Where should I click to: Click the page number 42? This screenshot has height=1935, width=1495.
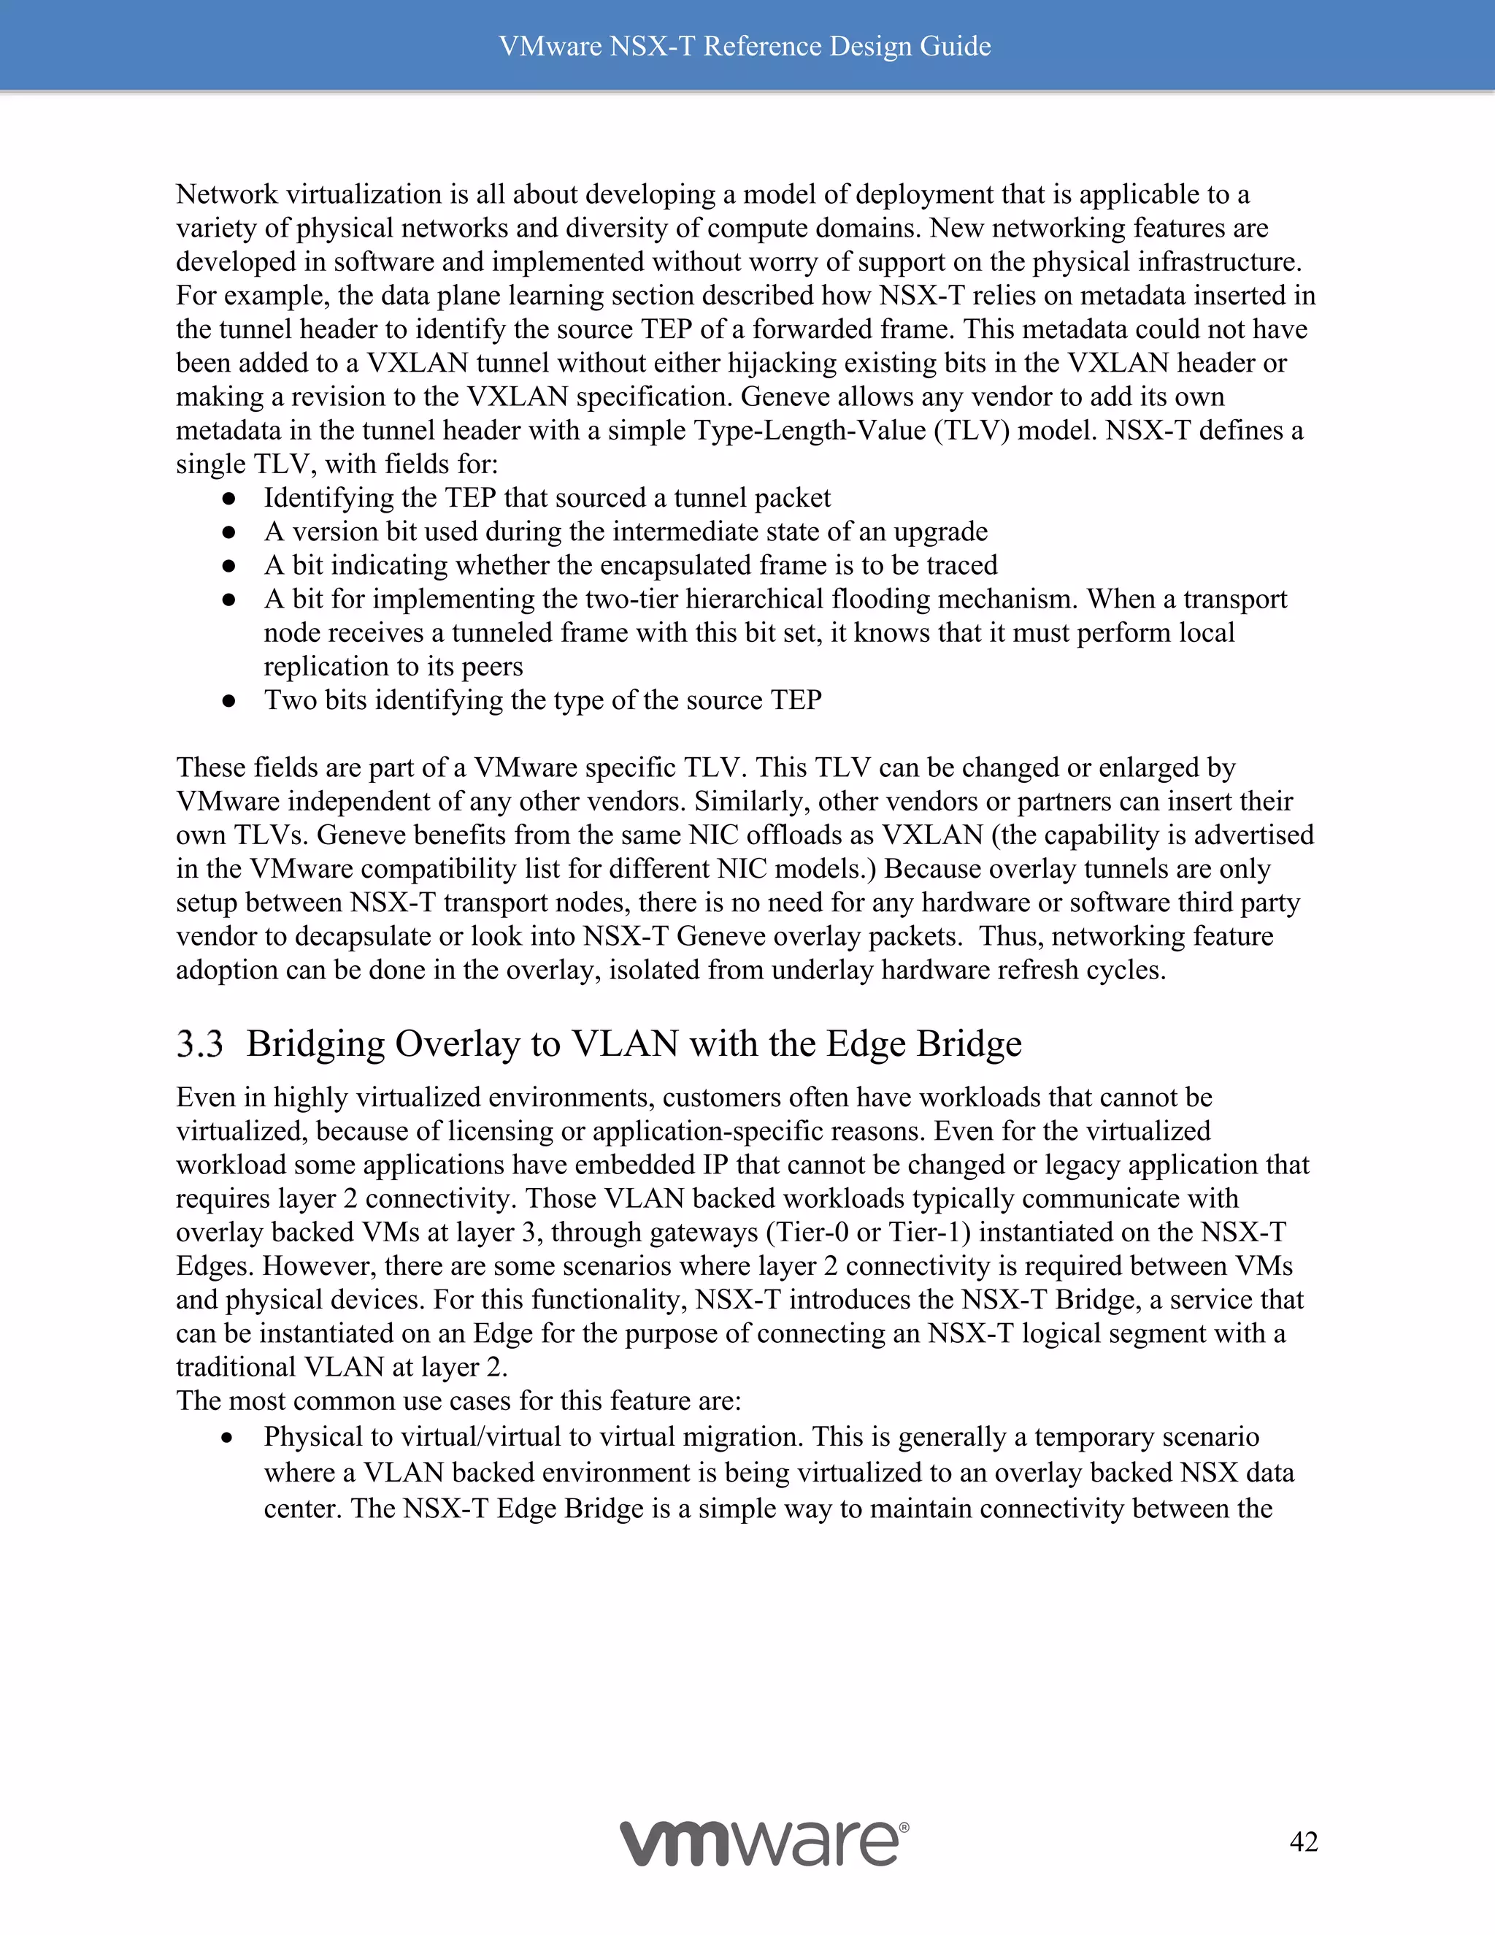pos(1304,1842)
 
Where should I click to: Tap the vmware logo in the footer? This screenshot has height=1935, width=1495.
pos(761,1844)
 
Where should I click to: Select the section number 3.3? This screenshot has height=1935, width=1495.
pos(199,1043)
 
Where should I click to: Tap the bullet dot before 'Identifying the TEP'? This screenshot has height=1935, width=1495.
pos(228,499)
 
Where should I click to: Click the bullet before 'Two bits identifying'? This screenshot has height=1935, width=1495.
pos(228,701)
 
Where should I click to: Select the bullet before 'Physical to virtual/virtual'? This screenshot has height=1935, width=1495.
pos(228,1438)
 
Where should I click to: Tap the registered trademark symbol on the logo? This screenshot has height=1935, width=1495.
pos(904,1826)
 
